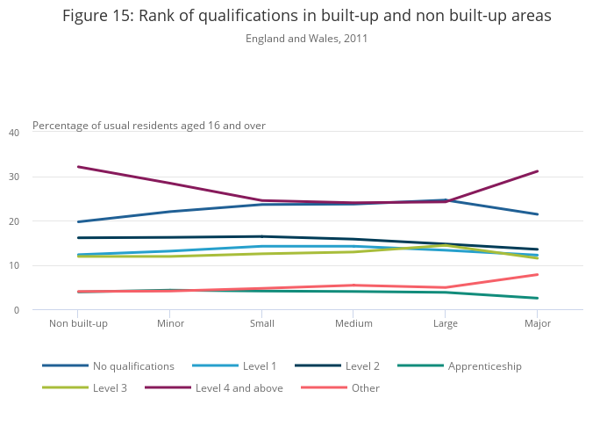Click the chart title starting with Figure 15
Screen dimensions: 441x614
[307, 17]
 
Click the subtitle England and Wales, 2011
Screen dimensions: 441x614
[306, 39]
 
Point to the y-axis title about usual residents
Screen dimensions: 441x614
[149, 126]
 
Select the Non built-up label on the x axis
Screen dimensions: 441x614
[79, 323]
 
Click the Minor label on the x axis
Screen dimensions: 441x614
[170, 323]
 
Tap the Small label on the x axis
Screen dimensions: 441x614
[261, 323]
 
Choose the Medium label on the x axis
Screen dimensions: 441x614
[353, 323]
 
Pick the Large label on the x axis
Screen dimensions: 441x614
[445, 323]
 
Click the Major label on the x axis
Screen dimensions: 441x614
[537, 323]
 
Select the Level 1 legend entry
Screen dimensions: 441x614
[259, 366]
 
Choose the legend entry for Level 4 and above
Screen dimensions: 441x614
[239, 388]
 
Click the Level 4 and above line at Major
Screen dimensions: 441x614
[537, 171]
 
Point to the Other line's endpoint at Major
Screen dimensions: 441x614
[537, 275]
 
